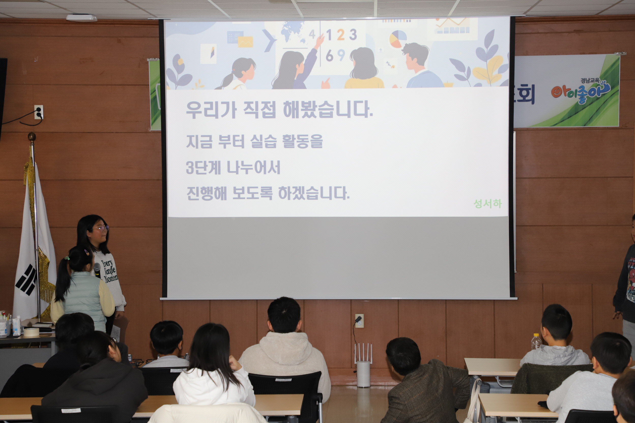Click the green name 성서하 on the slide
pos(488,204)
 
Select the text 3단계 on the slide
pos(203,168)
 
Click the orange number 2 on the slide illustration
pos(340,35)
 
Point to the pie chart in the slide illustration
pos(398,39)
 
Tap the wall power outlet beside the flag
pos(39,112)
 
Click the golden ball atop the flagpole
pos(32,136)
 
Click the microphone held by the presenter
pos(97,270)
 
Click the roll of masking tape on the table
pos(31,332)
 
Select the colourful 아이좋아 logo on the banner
pos(581,92)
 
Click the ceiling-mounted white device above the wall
pos(81,18)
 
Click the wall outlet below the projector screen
pos(359,321)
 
